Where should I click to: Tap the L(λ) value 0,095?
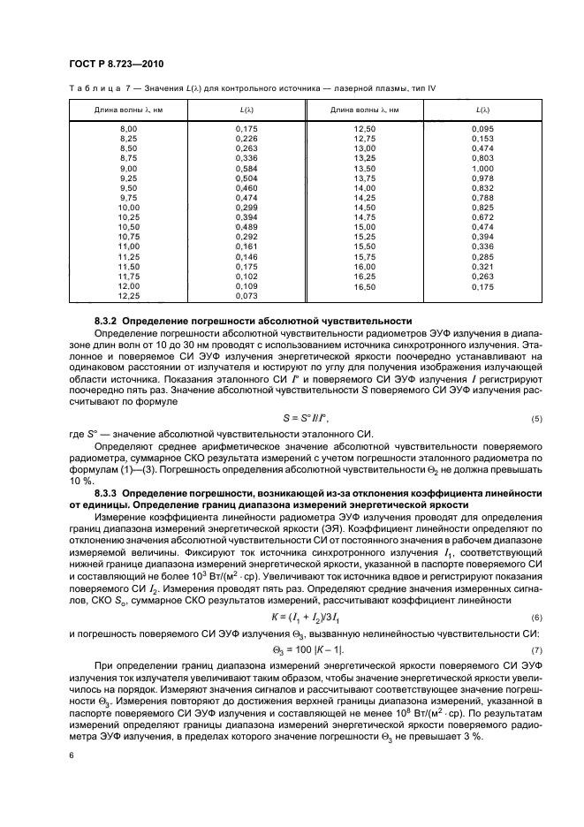(482, 130)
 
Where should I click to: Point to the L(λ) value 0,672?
(482, 216)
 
